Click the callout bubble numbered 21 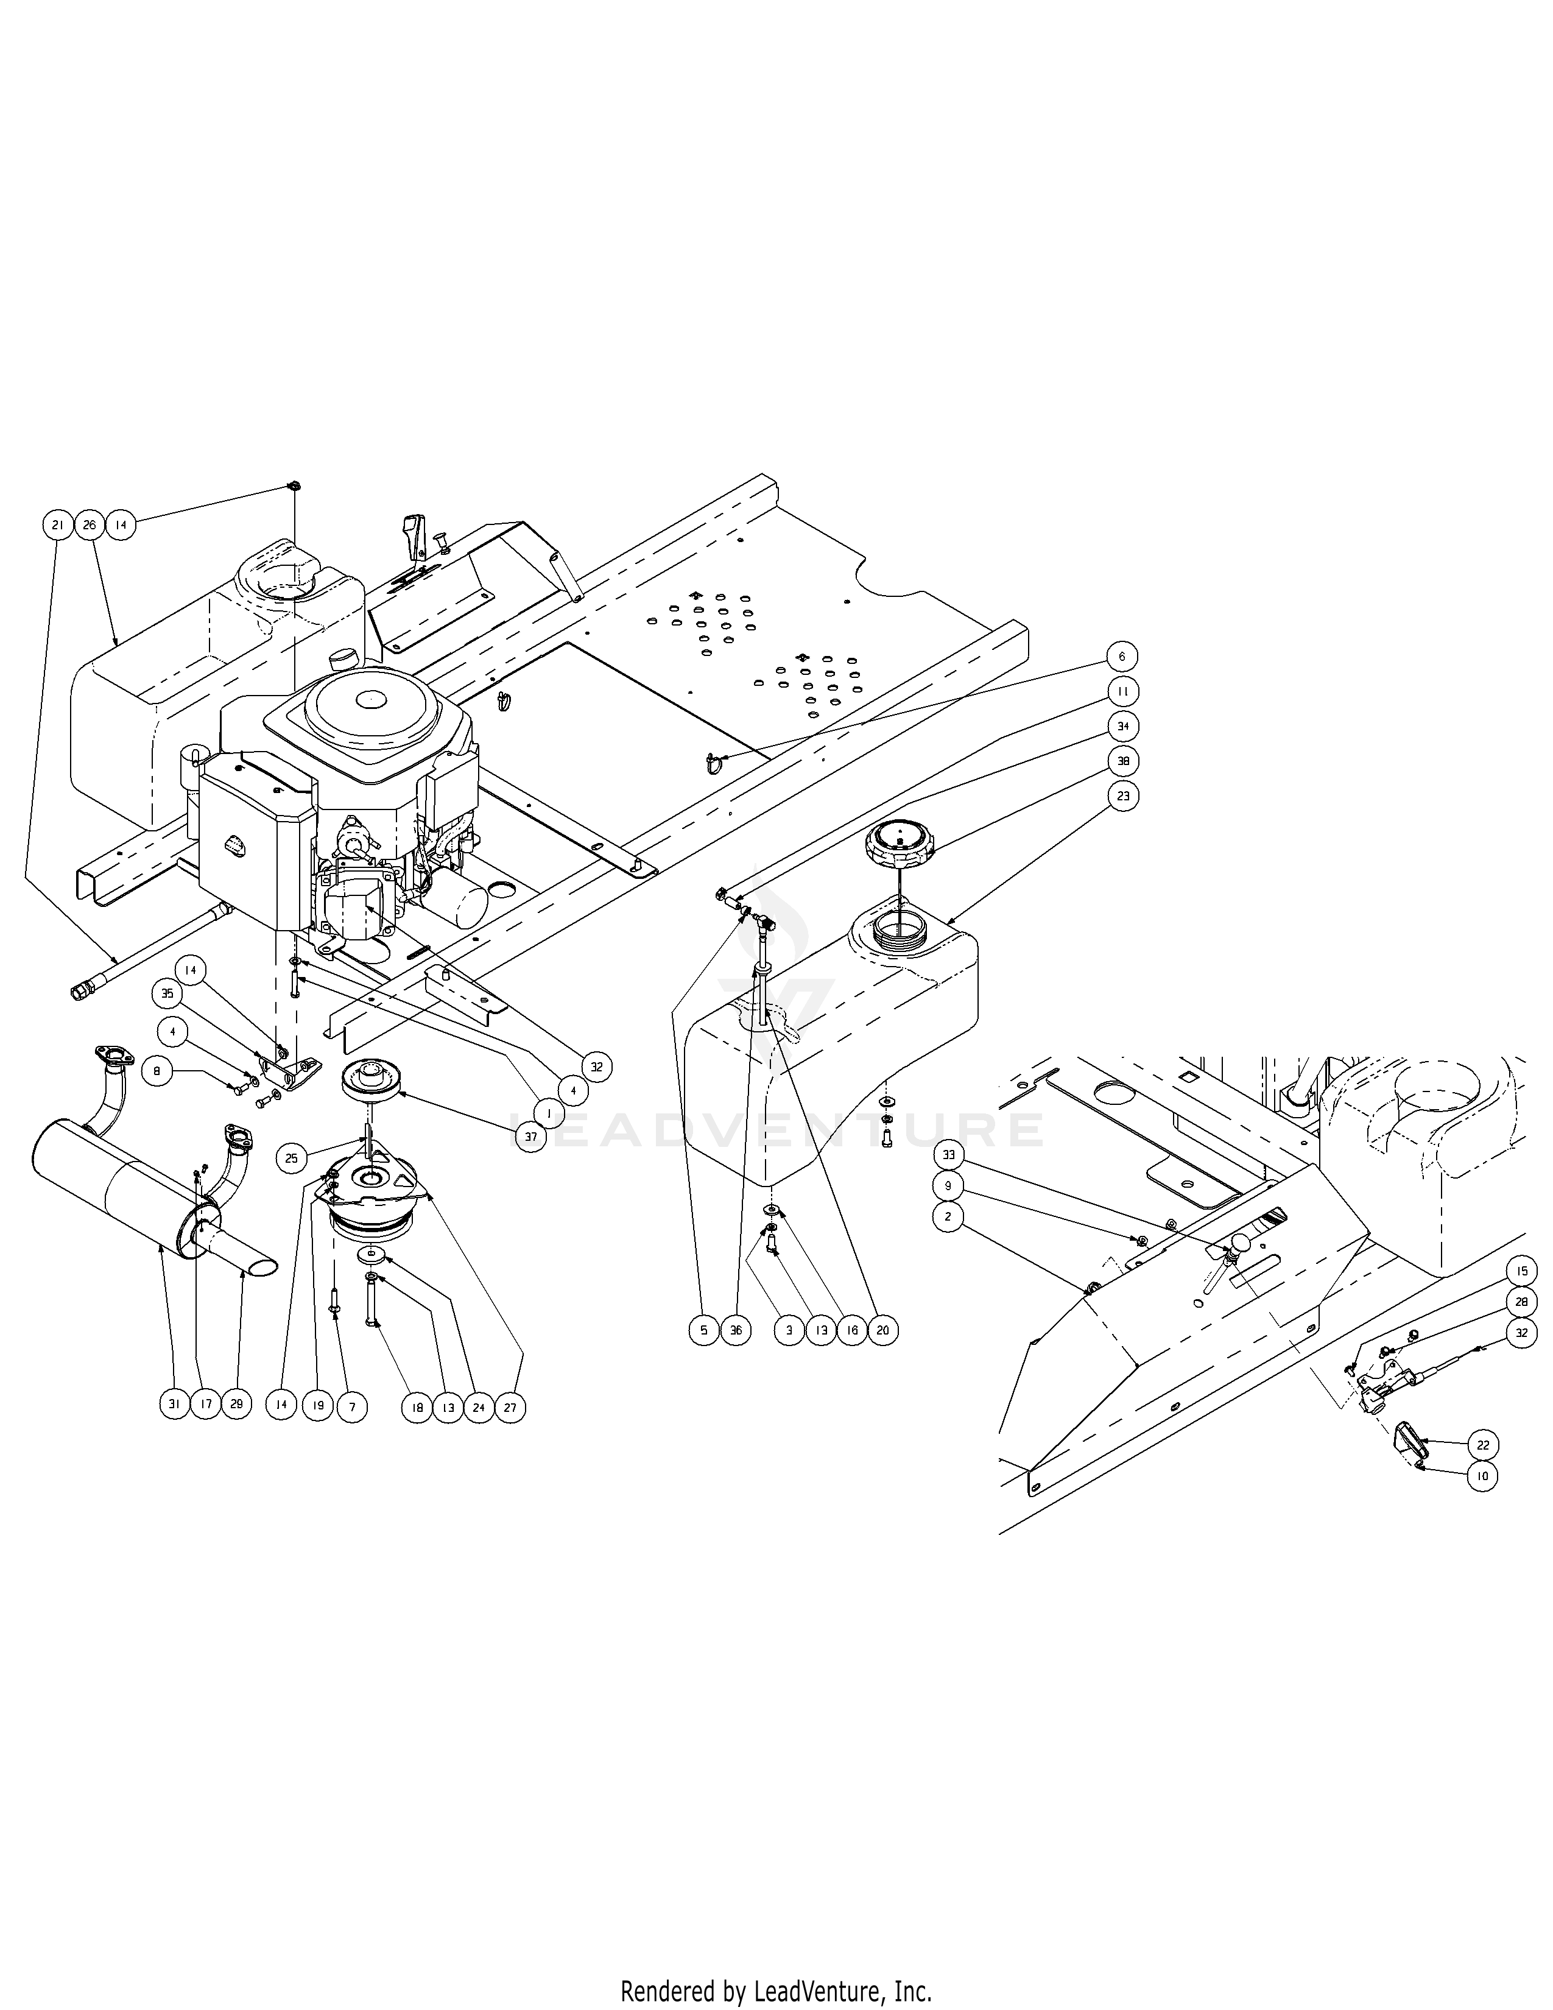click(x=57, y=526)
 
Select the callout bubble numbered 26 click(x=90, y=526)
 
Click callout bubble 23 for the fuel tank click(x=1122, y=796)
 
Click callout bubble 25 click(x=292, y=1158)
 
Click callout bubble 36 click(x=735, y=1330)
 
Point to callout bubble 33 click(x=948, y=1154)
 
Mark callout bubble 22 click(x=1483, y=1445)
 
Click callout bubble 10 click(x=1483, y=1476)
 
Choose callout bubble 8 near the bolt click(x=157, y=1071)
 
